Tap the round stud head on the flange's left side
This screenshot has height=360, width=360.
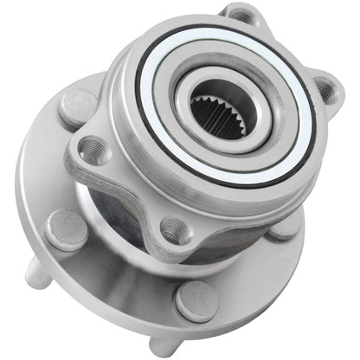point(67,230)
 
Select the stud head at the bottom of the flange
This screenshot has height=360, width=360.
point(196,298)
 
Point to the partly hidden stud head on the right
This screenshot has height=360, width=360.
point(286,227)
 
